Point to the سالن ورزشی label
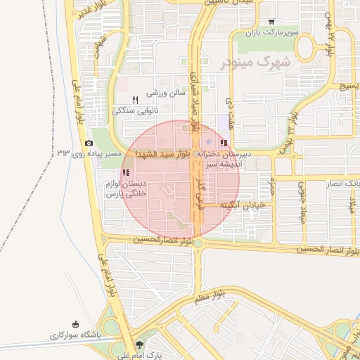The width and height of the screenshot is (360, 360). coord(165,92)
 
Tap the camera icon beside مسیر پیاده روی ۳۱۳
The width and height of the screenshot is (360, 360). coord(89,143)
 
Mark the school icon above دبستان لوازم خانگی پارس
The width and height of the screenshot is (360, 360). coord(126,172)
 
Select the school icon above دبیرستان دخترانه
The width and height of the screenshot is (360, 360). coord(224,143)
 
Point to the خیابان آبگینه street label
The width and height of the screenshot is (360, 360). coord(242,206)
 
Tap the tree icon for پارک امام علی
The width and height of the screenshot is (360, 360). coord(139,345)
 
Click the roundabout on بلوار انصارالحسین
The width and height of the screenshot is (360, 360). coord(198,243)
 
